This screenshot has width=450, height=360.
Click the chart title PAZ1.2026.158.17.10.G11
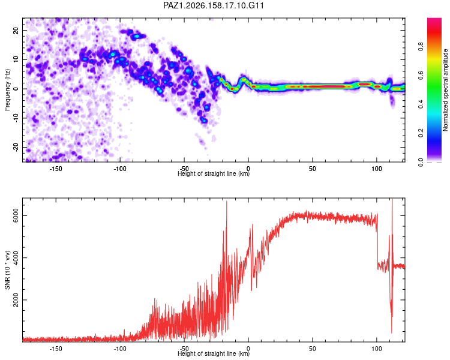pyautogui.click(x=213, y=5)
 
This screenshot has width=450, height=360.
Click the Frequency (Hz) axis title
pyautogui.click(x=7, y=90)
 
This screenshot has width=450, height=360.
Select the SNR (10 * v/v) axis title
pyautogui.click(x=7, y=270)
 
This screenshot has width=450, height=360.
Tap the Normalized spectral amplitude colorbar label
pyautogui.click(x=445, y=90)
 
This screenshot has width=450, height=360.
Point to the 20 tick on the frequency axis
pyautogui.click(x=16, y=31)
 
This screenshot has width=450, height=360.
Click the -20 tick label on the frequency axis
pyautogui.click(x=16, y=148)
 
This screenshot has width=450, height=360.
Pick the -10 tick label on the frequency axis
pyautogui.click(x=16, y=118)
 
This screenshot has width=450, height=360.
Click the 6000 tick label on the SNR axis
pyautogui.click(x=16, y=215)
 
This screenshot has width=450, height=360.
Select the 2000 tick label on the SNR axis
pyautogui.click(x=16, y=300)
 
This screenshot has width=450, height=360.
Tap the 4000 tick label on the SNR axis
pyautogui.click(x=16, y=257)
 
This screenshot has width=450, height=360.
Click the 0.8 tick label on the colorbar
pyautogui.click(x=421, y=47)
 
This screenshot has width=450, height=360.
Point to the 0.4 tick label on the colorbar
pyautogui.click(x=421, y=104)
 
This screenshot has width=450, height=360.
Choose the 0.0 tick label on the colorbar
pyautogui.click(x=421, y=162)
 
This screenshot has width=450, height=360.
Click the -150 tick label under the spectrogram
pyautogui.click(x=56, y=169)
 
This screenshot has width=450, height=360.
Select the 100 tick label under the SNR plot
pyautogui.click(x=377, y=349)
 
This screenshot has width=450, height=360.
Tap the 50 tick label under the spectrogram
pyautogui.click(x=313, y=169)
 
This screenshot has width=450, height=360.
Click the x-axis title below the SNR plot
pyautogui.click(x=214, y=353)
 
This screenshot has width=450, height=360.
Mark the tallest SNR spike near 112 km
pyautogui.click(x=392, y=199)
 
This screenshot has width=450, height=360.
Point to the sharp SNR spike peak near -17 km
pyautogui.click(x=226, y=201)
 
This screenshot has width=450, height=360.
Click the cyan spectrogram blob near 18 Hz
pyautogui.click(x=137, y=36)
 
